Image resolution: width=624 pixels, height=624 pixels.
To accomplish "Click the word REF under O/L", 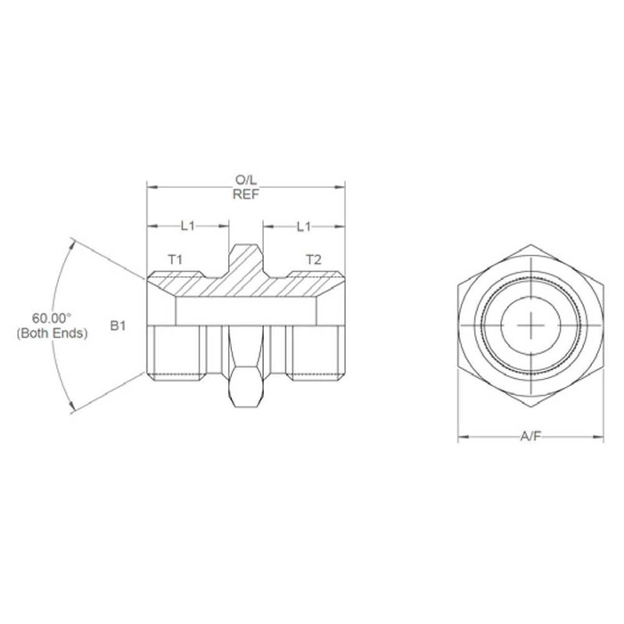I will (245, 195).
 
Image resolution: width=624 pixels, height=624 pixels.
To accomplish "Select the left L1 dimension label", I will (187, 226).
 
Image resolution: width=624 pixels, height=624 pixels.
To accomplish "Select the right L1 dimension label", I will (303, 226).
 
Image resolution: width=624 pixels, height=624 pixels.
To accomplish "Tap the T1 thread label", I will (176, 259).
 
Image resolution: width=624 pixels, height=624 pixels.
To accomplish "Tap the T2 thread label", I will (313, 259).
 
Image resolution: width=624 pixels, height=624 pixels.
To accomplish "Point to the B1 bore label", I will (118, 327).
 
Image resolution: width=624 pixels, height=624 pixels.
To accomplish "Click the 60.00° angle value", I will (52, 317).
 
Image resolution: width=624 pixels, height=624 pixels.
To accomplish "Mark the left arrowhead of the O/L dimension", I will (151, 187).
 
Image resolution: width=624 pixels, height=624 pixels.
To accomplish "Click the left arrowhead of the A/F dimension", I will (462, 438).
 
